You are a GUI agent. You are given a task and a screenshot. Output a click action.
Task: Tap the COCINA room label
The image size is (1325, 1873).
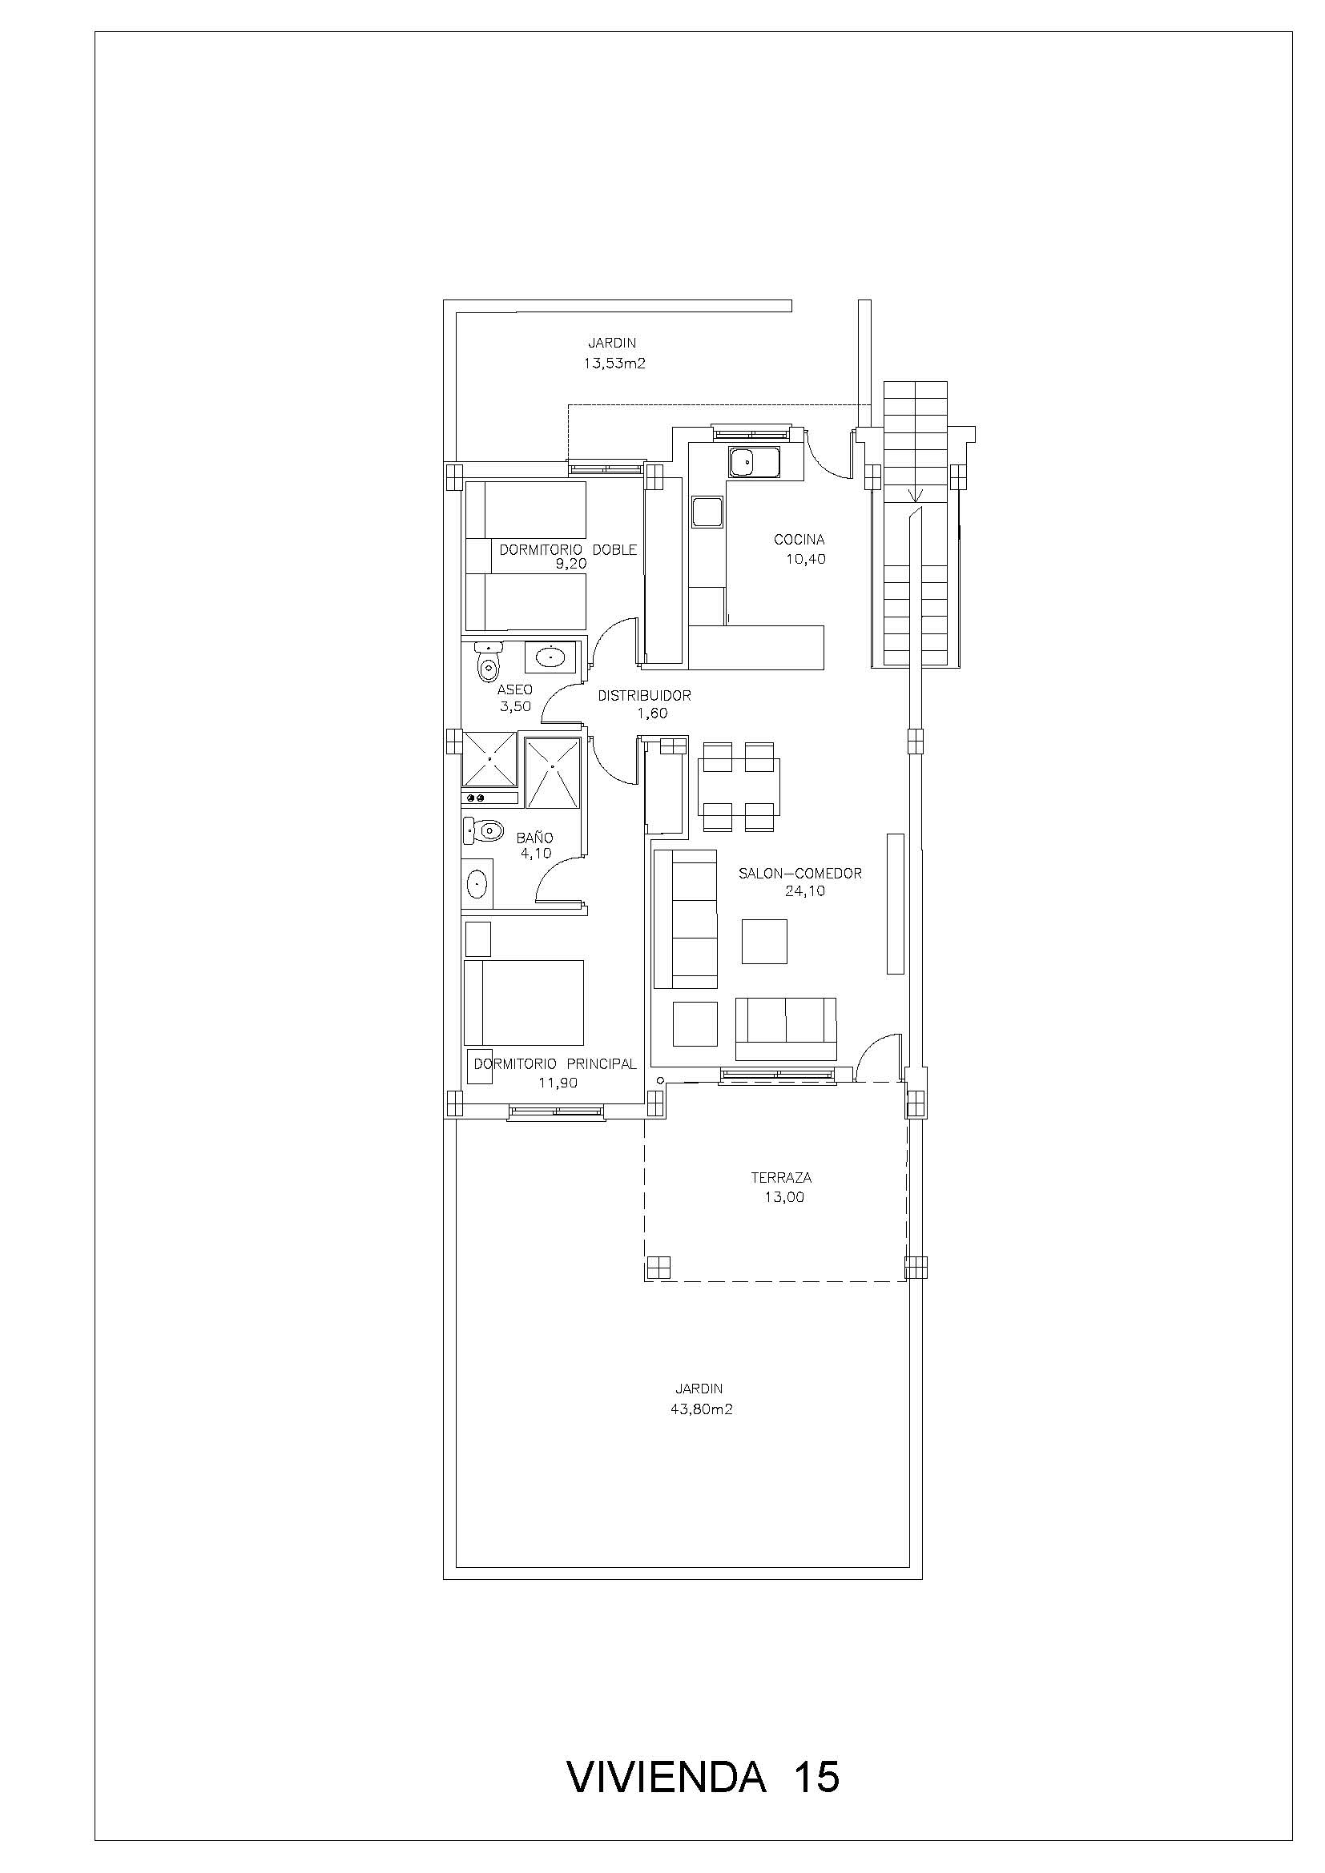pos(799,539)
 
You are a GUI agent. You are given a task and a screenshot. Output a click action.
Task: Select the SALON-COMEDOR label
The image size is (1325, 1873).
pos(799,873)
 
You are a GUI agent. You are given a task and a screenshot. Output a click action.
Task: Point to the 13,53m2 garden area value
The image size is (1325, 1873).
pos(614,364)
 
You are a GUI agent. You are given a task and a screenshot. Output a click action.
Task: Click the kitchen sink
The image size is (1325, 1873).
pos(755,464)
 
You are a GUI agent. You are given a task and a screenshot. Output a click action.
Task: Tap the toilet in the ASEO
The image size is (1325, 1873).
pos(488,661)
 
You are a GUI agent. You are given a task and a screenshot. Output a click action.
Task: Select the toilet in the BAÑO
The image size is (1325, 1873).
pos(482,831)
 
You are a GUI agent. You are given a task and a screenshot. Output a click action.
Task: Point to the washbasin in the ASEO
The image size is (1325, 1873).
pos(551,655)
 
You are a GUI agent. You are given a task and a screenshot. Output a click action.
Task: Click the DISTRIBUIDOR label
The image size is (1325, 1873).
pos(645,696)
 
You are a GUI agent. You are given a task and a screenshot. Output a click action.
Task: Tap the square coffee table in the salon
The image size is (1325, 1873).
pos(764,941)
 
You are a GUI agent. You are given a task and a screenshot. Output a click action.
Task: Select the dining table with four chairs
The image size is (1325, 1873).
pos(739,787)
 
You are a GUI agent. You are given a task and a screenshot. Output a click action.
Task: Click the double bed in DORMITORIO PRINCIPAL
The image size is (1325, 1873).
pos(524,1003)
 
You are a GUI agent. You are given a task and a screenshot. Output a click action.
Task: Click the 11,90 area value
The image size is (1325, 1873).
pos(558,1083)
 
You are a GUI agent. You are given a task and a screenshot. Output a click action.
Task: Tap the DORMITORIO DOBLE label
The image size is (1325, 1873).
pos(568,550)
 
